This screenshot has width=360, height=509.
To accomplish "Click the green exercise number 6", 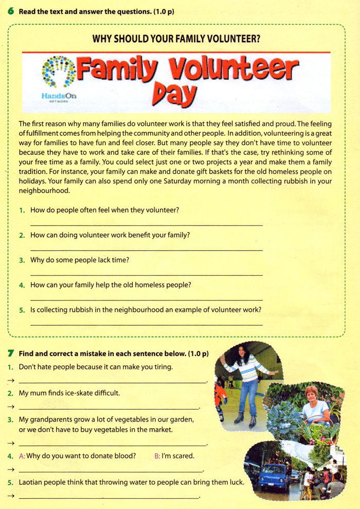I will pos(11,11).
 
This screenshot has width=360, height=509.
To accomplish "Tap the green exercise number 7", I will pos(11,354).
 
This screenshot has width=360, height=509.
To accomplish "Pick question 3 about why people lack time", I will pos(80,260).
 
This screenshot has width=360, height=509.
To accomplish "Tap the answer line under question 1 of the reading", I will pos(147,225).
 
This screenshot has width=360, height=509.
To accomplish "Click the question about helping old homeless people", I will pos(111,285).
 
